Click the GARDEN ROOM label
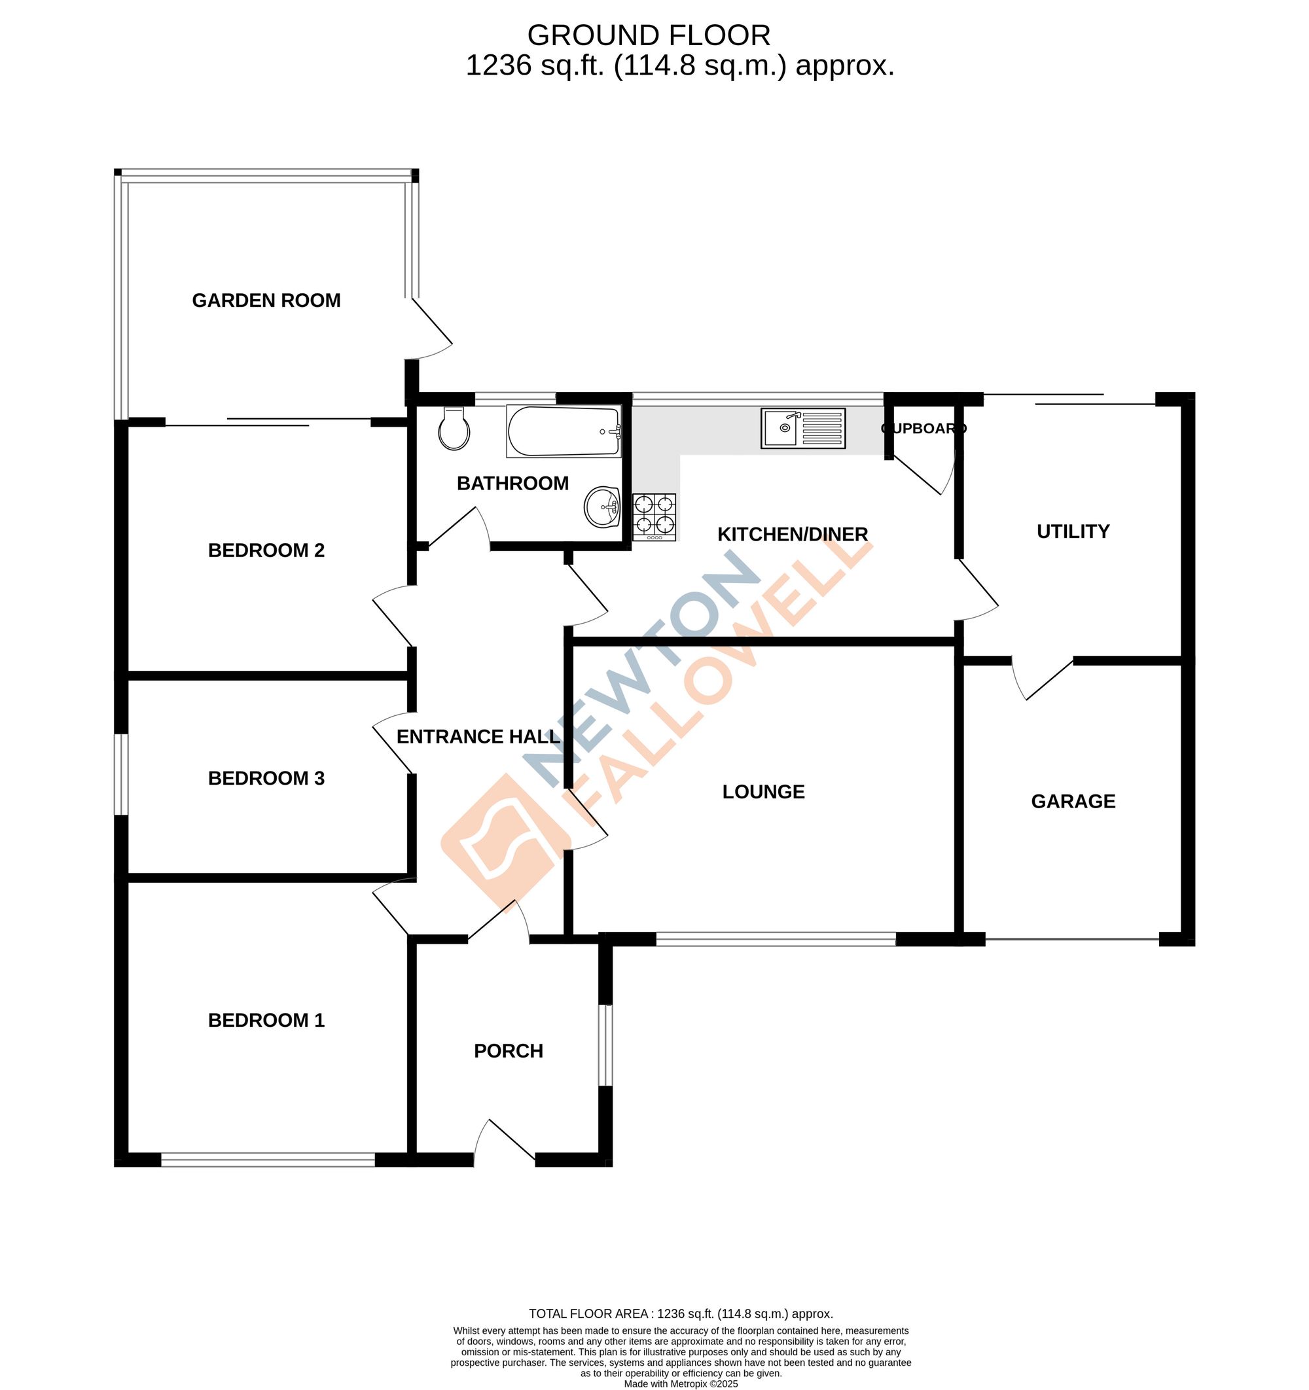[266, 300]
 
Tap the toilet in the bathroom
[454, 429]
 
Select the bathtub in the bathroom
[564, 432]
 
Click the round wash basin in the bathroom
[602, 507]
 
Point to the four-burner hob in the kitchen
[654, 517]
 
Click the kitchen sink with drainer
[802, 429]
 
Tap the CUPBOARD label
[923, 428]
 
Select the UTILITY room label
[1073, 531]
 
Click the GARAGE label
[1073, 801]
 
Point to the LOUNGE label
[763, 791]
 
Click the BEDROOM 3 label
[266, 778]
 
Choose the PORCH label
[509, 1051]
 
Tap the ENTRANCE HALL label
[478, 736]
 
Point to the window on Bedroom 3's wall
[121, 774]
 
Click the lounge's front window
[776, 940]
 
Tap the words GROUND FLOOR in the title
[648, 35]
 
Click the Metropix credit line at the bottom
[681, 1383]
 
